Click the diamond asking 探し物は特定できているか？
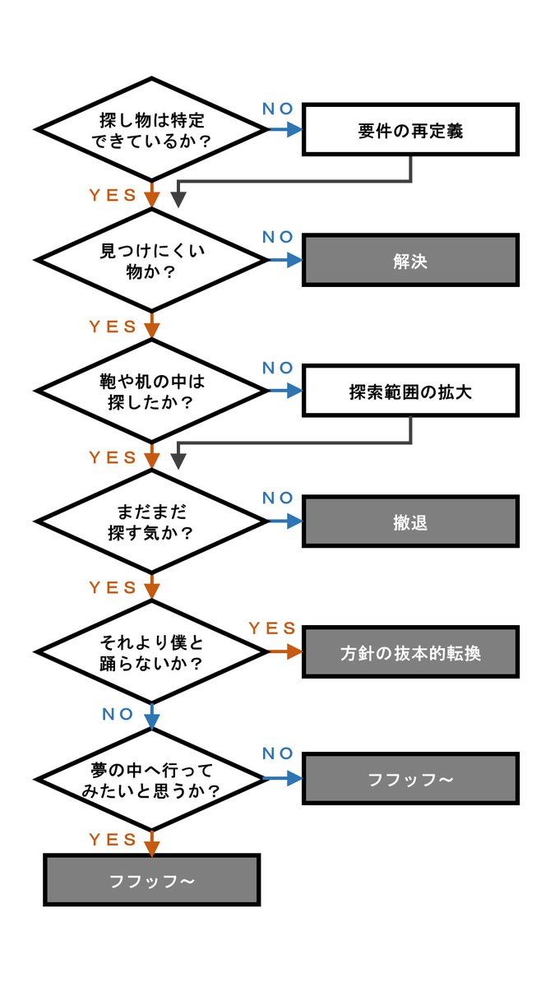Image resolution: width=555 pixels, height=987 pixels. point(151,130)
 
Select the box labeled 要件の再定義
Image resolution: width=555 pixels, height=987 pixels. point(410,130)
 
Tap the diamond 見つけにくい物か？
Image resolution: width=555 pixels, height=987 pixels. point(151,261)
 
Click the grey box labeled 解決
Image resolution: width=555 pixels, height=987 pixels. point(410,261)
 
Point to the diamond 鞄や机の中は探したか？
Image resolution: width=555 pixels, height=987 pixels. point(151,392)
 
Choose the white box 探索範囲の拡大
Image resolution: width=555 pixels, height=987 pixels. point(410,392)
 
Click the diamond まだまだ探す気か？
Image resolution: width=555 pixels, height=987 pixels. point(151,521)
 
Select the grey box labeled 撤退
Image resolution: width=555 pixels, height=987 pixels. point(410,521)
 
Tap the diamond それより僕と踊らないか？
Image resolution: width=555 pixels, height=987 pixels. point(151,651)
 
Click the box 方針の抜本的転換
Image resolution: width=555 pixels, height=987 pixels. point(410,652)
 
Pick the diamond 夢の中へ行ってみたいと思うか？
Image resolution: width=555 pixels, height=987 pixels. point(151,779)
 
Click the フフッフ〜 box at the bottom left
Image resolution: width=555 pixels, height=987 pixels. point(151,880)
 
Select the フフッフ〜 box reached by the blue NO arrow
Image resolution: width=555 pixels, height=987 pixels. point(410,779)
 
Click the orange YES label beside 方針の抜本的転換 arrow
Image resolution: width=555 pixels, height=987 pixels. point(271,628)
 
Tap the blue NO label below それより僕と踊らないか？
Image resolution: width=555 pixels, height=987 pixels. point(118,715)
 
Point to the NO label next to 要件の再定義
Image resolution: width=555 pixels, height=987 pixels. point(278,108)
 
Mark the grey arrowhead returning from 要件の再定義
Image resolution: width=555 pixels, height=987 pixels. point(178,200)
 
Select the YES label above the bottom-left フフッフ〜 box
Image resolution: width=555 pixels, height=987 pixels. point(113,839)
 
